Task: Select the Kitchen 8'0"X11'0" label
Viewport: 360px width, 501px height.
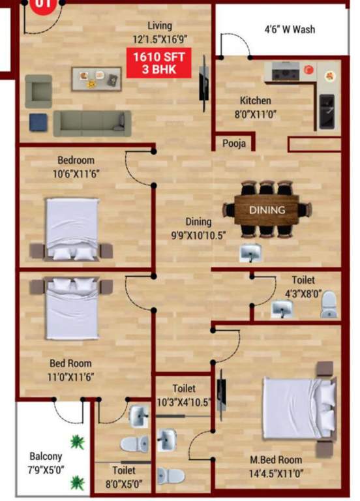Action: coord(255,106)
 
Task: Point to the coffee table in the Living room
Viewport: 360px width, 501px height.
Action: coord(96,78)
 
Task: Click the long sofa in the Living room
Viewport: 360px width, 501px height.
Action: coord(92,122)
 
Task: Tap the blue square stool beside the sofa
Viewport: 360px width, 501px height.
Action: coord(38,121)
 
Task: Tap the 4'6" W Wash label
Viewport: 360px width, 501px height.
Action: coord(290,29)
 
